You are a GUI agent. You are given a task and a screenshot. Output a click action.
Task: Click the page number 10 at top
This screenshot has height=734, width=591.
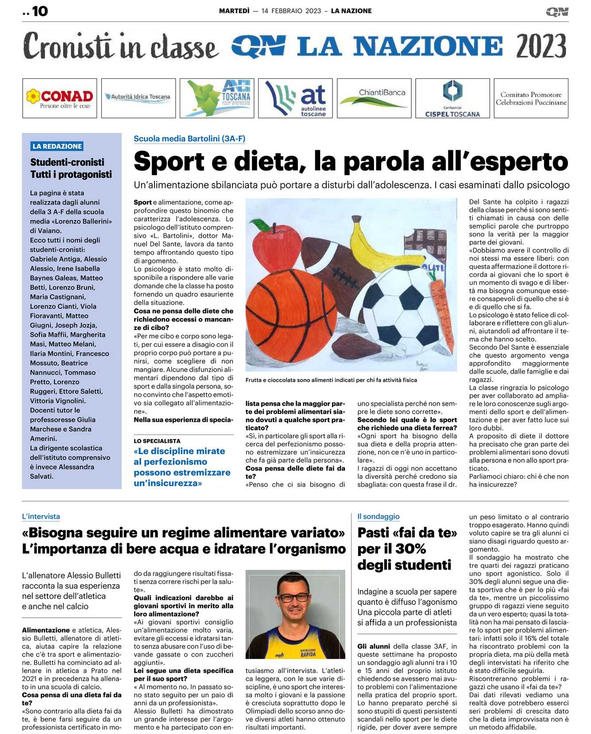point(40,11)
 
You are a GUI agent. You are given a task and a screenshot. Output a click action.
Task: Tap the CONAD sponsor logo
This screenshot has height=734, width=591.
point(60,98)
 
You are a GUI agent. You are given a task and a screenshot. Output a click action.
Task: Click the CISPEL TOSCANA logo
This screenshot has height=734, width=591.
point(452,98)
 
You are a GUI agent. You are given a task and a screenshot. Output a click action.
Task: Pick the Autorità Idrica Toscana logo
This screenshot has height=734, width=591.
point(139,97)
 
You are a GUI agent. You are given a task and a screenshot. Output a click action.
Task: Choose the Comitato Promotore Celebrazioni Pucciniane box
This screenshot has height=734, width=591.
point(531,98)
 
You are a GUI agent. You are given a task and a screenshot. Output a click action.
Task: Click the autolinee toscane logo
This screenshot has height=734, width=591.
point(296,98)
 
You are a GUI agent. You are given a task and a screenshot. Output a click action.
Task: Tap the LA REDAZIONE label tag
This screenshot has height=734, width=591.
point(57,146)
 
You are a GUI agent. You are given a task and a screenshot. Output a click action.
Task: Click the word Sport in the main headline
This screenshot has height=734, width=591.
point(169,161)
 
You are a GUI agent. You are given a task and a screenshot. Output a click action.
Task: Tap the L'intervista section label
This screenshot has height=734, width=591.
point(41,517)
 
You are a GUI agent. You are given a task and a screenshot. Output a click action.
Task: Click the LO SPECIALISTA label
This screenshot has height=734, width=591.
point(157,441)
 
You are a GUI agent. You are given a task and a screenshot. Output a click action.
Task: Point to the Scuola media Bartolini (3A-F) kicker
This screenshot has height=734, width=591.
point(189,139)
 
